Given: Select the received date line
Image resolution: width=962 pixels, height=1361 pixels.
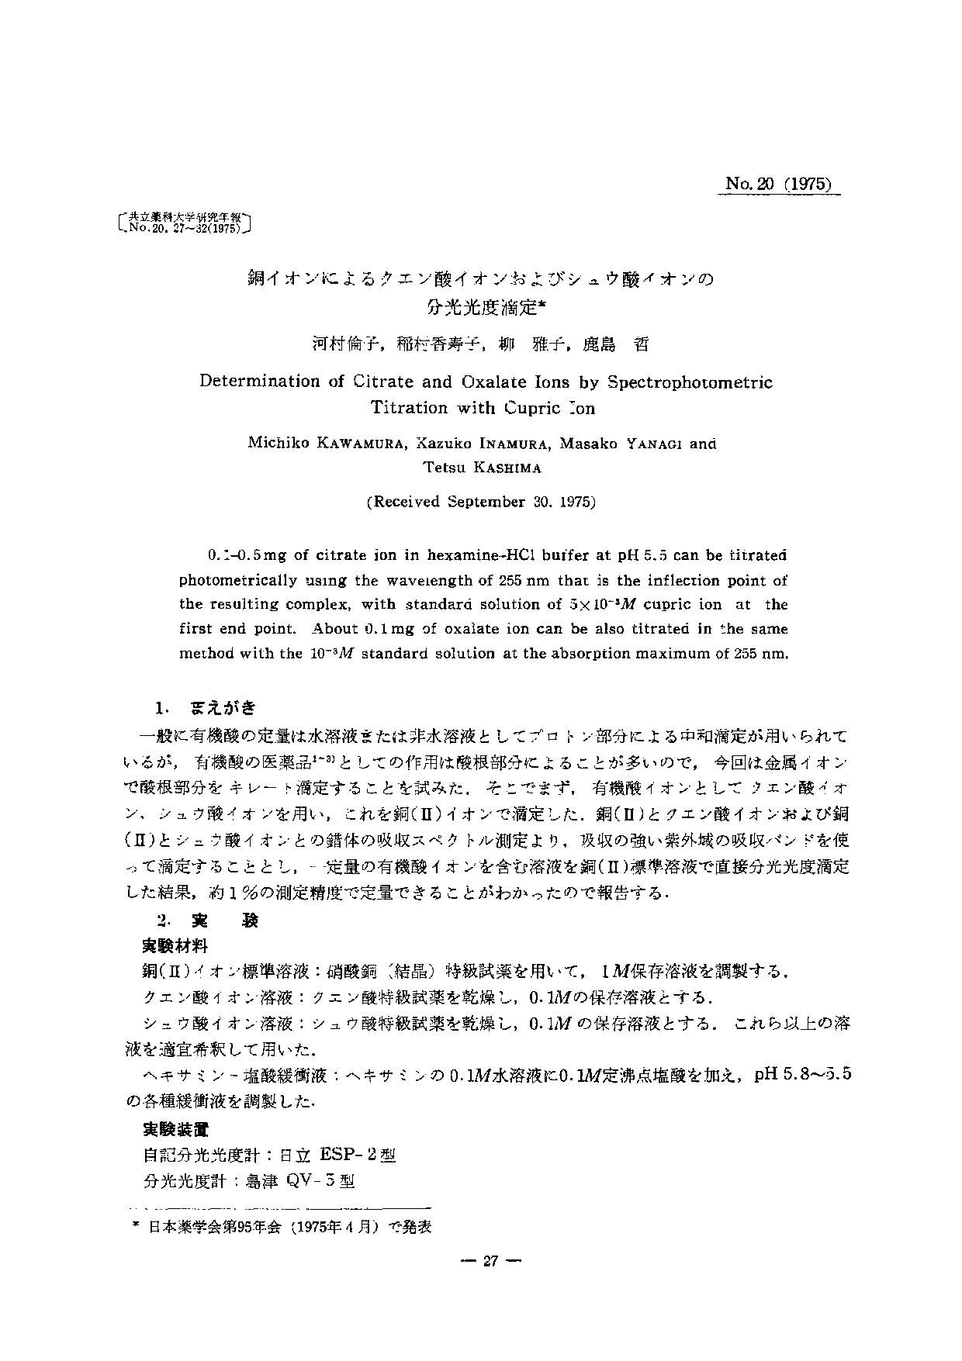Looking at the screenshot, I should coord(481,502).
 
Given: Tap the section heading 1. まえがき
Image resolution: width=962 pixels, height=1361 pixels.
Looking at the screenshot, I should coord(206,708).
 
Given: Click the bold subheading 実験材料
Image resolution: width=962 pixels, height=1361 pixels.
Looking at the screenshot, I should coord(175,945).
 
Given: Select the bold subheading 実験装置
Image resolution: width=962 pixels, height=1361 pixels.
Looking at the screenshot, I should coord(175,1129).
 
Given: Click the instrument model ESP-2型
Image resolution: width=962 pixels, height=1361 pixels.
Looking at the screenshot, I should coord(358,1155).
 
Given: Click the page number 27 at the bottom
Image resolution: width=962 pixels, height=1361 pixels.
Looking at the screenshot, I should coord(490,1261).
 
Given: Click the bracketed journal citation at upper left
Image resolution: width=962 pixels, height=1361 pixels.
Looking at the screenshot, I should coord(185,223).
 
